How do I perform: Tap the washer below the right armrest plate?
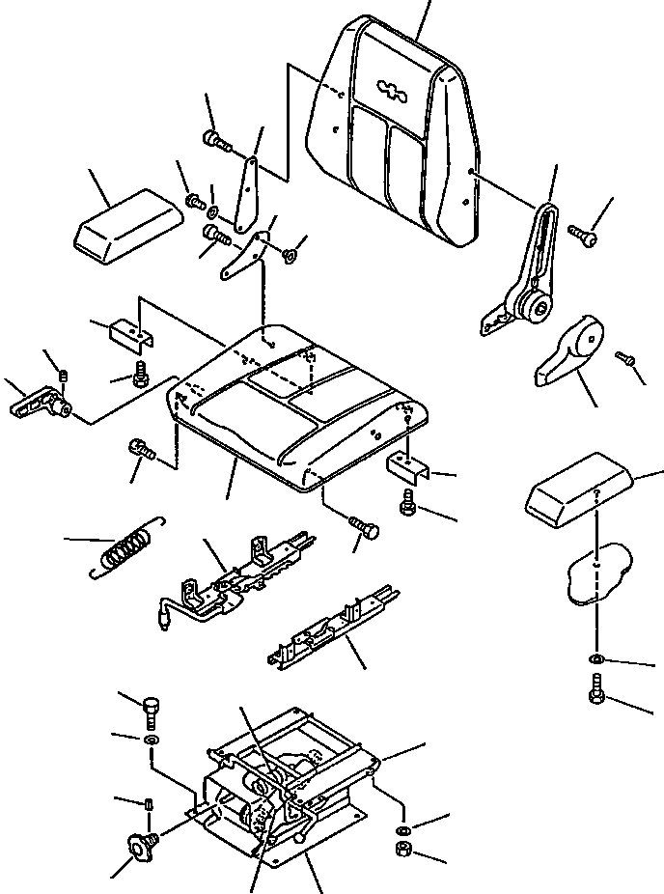coord(596,658)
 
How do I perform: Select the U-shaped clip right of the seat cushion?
coord(406,466)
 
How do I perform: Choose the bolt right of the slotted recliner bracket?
coord(582,233)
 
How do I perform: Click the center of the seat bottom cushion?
coord(294,405)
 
